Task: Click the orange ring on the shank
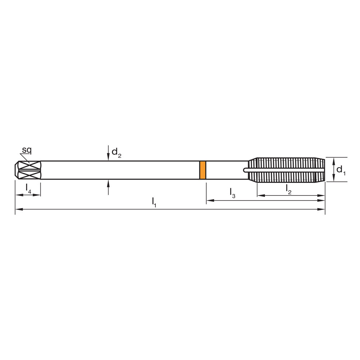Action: point(203,170)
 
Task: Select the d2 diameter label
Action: point(116,152)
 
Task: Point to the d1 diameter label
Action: point(341,170)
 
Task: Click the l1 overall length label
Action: point(154,202)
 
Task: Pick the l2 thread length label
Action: point(288,188)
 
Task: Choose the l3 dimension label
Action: point(233,193)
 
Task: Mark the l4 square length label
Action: point(28,188)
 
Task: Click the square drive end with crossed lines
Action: point(28,170)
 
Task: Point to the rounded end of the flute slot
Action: point(246,170)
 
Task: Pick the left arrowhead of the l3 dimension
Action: point(209,200)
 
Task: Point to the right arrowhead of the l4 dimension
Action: point(38,195)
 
